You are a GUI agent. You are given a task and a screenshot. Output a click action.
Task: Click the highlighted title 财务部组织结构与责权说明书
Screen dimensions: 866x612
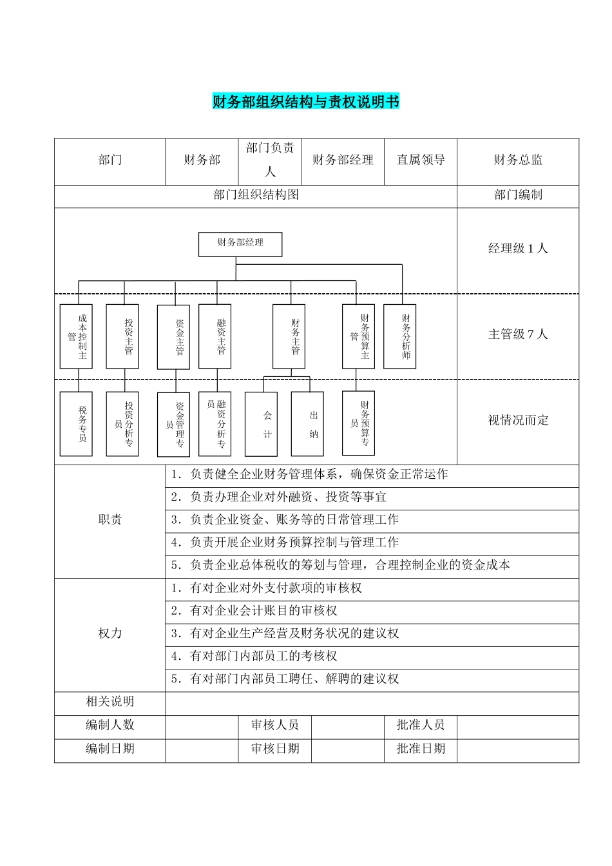(x=305, y=102)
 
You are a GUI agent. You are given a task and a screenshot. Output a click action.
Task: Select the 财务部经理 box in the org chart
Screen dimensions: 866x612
(x=240, y=244)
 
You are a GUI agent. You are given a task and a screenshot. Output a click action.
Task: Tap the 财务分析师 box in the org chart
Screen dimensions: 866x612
(x=399, y=336)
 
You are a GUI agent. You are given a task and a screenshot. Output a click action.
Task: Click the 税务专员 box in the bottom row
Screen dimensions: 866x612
(x=76, y=424)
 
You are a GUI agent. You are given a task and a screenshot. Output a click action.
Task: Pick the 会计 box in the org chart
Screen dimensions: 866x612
(x=261, y=424)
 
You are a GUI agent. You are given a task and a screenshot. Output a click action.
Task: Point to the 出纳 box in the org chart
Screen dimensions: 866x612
(x=307, y=424)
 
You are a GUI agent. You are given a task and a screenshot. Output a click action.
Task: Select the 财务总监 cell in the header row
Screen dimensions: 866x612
(x=518, y=160)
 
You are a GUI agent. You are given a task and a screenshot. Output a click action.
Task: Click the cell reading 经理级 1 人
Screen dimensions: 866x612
(x=518, y=249)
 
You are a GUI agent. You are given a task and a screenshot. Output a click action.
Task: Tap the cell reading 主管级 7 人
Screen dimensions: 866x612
(x=518, y=334)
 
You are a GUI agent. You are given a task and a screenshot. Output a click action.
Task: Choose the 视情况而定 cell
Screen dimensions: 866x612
(x=518, y=420)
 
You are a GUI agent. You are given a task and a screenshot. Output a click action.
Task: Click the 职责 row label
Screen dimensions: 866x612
(x=110, y=520)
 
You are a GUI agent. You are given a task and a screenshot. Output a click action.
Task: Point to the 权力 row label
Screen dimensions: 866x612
(x=110, y=633)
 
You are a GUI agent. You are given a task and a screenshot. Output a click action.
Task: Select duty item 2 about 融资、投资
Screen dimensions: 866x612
(x=278, y=497)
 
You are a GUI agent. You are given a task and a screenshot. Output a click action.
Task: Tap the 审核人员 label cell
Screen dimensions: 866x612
(x=275, y=726)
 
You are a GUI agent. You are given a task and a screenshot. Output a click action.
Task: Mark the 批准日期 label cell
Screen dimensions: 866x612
(x=421, y=749)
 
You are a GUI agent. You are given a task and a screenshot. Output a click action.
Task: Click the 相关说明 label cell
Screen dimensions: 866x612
(x=110, y=702)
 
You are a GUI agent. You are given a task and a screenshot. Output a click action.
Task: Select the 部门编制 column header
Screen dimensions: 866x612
(x=518, y=195)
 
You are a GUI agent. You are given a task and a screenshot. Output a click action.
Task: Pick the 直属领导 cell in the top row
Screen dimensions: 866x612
(x=421, y=160)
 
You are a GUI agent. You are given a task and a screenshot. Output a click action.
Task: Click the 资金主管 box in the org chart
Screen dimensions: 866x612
(x=173, y=337)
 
